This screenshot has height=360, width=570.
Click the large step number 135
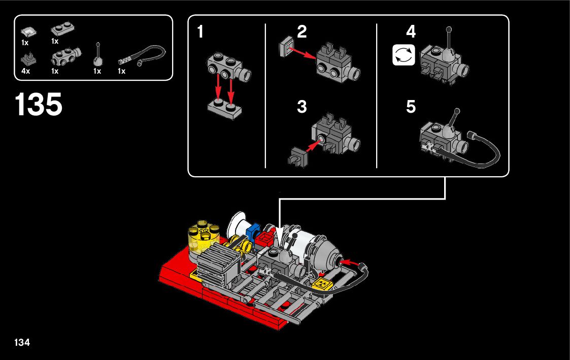coord(39,105)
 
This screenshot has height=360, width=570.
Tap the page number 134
coord(22,342)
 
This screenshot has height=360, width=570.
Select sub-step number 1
coord(200,32)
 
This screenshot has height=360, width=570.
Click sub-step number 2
coord(302,32)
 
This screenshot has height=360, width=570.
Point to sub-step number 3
coord(302,107)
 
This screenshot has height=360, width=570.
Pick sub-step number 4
coord(411,32)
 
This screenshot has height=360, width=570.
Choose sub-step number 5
coord(411,107)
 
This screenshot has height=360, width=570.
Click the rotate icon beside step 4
coord(404,55)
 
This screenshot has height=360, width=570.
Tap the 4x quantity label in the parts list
coord(26,72)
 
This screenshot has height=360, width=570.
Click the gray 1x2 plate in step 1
coord(225,109)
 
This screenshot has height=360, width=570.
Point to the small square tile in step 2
coord(287,46)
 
